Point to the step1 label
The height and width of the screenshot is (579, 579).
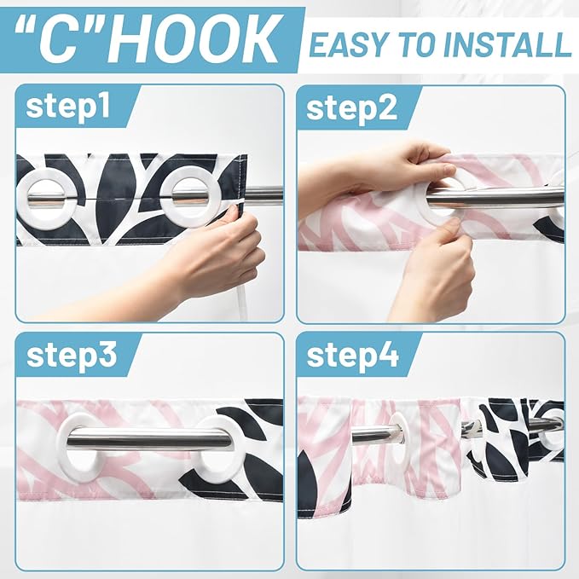pos(68,107)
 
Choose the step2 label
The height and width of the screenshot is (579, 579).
pos(351,108)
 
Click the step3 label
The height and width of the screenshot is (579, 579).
pos(72,356)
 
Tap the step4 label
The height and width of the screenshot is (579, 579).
pos(353,356)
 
